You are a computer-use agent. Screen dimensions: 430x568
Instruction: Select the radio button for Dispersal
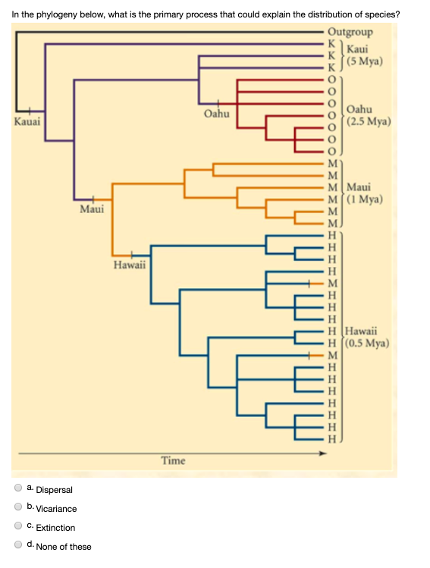[18, 488]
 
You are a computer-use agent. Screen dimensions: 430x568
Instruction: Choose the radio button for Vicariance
[18, 507]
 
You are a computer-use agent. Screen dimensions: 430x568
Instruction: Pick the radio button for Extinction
[18, 526]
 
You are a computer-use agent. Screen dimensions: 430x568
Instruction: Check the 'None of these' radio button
[18, 544]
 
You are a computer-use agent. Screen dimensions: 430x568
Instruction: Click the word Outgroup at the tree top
[350, 33]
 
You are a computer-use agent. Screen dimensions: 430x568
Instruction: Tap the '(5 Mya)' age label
[365, 61]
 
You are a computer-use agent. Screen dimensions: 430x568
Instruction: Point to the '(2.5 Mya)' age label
[369, 121]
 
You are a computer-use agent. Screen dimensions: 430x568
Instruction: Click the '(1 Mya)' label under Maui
[365, 199]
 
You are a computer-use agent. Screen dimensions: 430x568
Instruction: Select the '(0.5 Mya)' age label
[367, 343]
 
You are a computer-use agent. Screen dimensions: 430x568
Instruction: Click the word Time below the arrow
[173, 461]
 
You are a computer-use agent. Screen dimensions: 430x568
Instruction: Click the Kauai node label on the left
[27, 121]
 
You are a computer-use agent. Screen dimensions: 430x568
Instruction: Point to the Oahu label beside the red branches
[217, 114]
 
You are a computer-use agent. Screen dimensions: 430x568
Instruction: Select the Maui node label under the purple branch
[92, 209]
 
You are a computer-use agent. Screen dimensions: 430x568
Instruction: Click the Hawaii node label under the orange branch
[130, 265]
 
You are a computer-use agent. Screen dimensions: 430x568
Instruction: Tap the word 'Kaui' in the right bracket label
[357, 49]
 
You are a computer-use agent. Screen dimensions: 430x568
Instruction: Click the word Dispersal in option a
[55, 490]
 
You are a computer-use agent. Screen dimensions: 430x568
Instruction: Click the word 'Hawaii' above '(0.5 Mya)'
[361, 331]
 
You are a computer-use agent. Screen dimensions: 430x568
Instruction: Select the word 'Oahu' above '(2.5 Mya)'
[359, 109]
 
